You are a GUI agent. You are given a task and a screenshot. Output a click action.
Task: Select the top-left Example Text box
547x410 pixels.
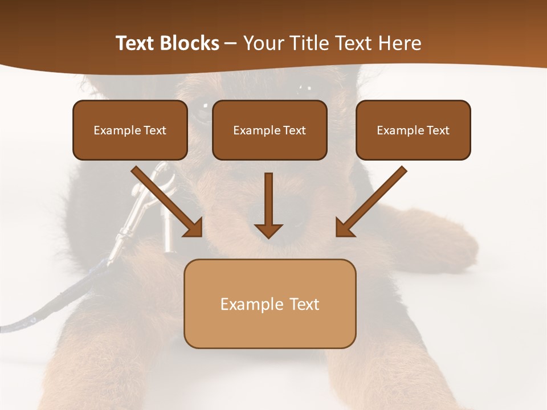coord(130,130)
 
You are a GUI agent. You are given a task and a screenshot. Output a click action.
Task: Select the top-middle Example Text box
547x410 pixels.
coord(270,130)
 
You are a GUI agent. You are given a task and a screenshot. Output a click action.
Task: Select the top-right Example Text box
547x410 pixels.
coord(413,130)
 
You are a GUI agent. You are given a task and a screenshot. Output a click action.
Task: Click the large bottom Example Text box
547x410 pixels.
coord(270,304)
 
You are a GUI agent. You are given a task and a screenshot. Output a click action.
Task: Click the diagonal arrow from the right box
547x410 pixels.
coord(373,199)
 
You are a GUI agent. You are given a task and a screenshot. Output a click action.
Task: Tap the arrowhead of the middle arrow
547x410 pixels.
coord(268,230)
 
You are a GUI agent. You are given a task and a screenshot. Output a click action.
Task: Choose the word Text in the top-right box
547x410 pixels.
coord(438,130)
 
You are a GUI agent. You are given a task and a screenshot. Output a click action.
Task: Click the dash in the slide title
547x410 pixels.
coord(231,43)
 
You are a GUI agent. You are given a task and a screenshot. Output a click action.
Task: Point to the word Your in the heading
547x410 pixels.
coord(262,43)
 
